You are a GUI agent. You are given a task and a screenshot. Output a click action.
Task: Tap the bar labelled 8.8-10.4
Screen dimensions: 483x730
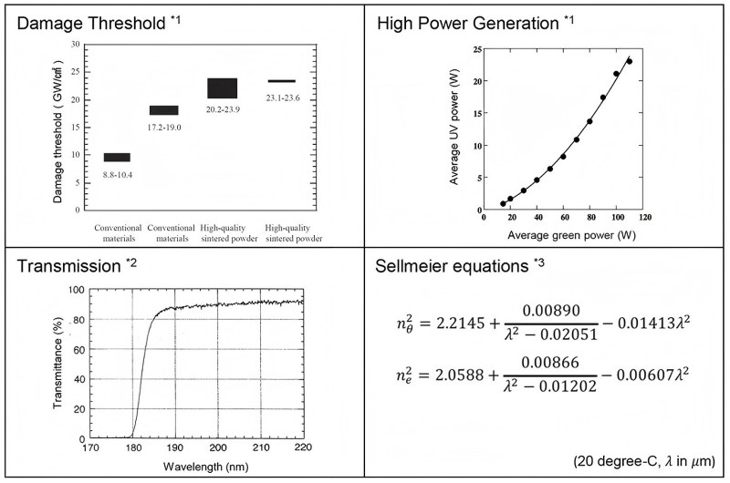click(117, 158)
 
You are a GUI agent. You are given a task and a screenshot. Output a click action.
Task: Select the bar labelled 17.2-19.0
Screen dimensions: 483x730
click(164, 110)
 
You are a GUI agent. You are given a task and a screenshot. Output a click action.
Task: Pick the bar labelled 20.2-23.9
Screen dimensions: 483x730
click(222, 87)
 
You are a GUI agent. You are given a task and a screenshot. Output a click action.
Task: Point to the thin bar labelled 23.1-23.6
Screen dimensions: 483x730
click(280, 81)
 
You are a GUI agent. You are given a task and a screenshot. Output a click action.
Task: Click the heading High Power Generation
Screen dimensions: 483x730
click(455, 23)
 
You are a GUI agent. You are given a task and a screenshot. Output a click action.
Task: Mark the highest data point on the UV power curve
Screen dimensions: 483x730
click(630, 61)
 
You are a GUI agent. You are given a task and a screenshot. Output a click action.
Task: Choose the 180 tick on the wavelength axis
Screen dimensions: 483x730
click(133, 448)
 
